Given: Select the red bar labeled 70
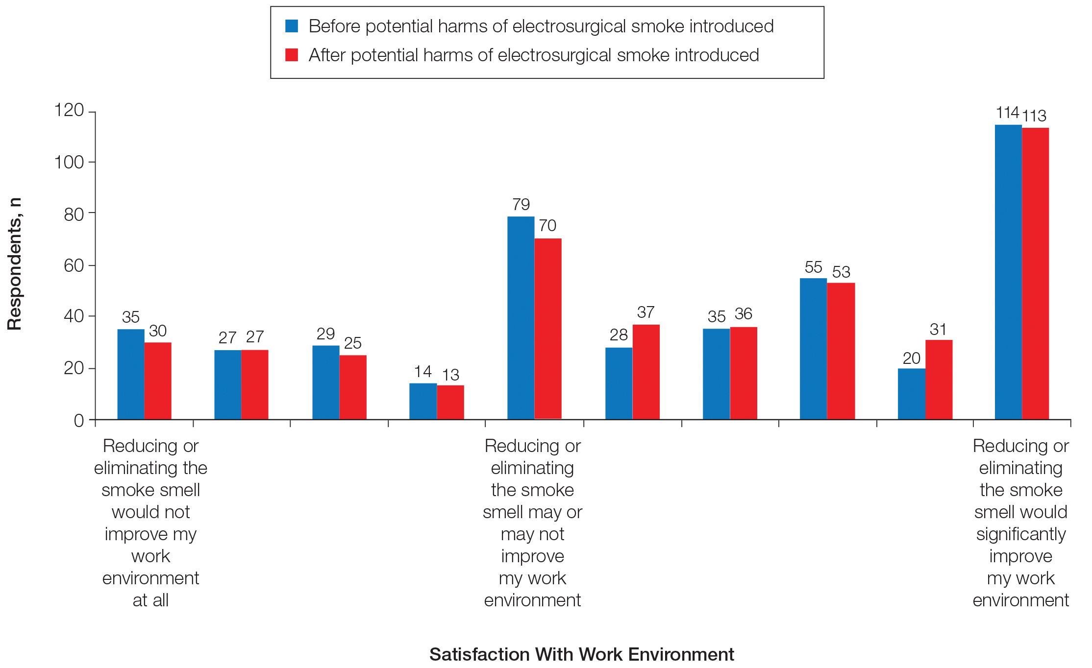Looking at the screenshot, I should [x=548, y=329].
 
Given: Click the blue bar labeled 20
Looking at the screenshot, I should [x=911, y=394].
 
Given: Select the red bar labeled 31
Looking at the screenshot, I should [x=939, y=380].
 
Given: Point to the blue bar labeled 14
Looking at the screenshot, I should [x=423, y=401].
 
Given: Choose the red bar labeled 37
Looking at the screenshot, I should [x=646, y=372].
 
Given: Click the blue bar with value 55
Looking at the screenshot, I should [x=813, y=349].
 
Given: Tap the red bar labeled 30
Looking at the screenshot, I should [x=158, y=381].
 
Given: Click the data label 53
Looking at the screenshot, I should [x=841, y=272].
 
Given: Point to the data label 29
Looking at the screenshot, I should [x=325, y=334].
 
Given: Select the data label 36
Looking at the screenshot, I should [x=743, y=313].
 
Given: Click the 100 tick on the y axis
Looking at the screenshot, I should [x=69, y=162].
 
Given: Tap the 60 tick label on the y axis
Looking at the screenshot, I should [x=74, y=265].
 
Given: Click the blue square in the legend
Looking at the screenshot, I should [x=292, y=26].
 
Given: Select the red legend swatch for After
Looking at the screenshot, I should [x=292, y=55].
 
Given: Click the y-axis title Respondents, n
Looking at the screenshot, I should [x=15, y=264].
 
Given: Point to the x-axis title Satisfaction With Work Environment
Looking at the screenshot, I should [x=581, y=654].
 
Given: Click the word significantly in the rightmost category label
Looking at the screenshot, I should [x=1021, y=534].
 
